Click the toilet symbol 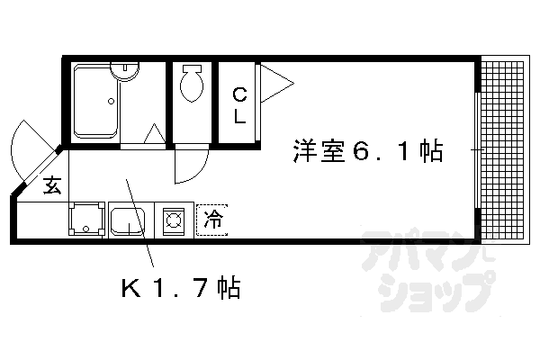pyautogui.click(x=191, y=85)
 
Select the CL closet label pyautogui.click(x=239, y=104)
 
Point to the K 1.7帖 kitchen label pyautogui.click(x=180, y=289)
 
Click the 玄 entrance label pyautogui.click(x=51, y=187)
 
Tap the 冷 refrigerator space pyautogui.click(x=212, y=219)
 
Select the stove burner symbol pyautogui.click(x=173, y=219)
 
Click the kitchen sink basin pyautogui.click(x=128, y=220)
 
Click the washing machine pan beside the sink pyautogui.click(x=85, y=219)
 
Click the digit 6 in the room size pyautogui.click(x=360, y=151)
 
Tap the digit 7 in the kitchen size pyautogui.click(x=204, y=289)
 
